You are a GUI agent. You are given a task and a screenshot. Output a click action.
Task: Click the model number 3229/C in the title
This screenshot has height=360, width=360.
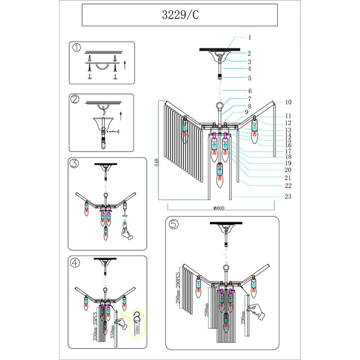(x=180, y=15)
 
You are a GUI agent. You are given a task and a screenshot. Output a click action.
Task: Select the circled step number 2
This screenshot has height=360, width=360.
(x=75, y=100)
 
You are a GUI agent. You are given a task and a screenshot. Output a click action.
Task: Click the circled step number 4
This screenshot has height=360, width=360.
(x=75, y=262)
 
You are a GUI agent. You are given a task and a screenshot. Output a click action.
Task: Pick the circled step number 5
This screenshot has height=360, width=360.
(x=173, y=224)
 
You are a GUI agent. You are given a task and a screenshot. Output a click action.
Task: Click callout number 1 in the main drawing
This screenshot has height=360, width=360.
(x=249, y=37)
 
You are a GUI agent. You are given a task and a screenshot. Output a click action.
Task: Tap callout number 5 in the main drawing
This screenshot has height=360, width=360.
(x=249, y=78)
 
